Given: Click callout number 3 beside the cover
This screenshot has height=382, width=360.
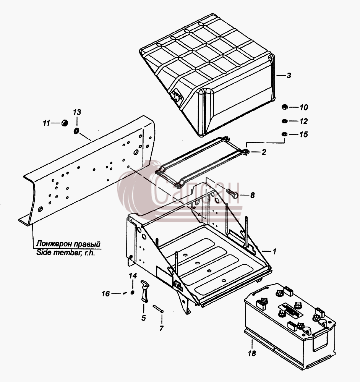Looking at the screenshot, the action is point(289,76).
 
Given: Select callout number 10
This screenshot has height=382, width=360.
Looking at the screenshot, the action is point(304,107).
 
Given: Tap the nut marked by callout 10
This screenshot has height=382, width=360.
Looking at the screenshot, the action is point(284,107).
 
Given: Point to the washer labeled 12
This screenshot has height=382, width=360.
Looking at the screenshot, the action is point(284,121).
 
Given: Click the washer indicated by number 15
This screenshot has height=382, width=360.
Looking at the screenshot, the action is point(284,134).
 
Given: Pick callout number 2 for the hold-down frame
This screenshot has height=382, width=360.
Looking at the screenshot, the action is point(264,152).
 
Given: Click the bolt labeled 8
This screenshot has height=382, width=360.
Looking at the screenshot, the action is point(232,194).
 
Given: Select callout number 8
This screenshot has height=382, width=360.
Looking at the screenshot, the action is point(252,195).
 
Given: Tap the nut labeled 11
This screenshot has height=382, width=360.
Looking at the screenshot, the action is point(64,123).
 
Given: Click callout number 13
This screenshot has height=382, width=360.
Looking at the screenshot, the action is point(77,112).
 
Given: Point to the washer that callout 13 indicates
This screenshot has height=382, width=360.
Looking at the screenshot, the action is point(76,131).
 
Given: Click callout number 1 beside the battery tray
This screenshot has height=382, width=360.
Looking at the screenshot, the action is point(274,251).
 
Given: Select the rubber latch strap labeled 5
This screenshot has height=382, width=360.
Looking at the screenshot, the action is point(145,291).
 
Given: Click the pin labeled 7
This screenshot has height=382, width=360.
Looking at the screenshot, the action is point(158,309).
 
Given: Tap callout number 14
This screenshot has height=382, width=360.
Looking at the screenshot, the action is point(133,276).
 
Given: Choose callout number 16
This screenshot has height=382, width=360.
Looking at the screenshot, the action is point(106,293).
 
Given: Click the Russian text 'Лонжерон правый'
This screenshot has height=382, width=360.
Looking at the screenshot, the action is point(68,244).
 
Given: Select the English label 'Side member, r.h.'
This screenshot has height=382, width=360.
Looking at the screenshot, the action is point(66,253).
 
